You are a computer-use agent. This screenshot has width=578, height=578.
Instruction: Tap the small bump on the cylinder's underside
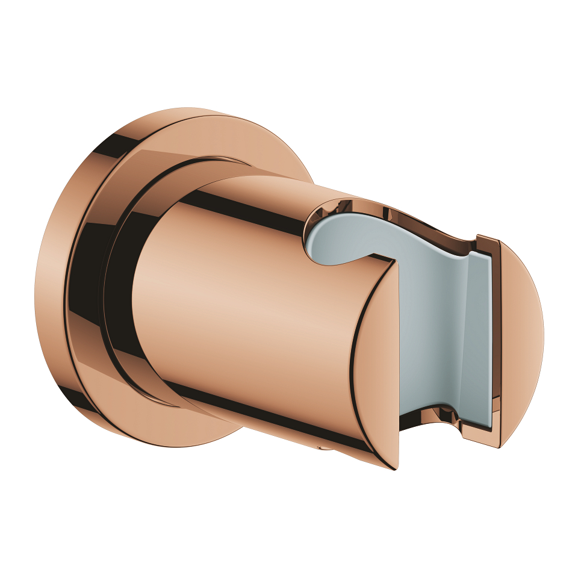click(325, 448)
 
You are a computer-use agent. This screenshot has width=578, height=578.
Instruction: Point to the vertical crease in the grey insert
click(461, 337)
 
